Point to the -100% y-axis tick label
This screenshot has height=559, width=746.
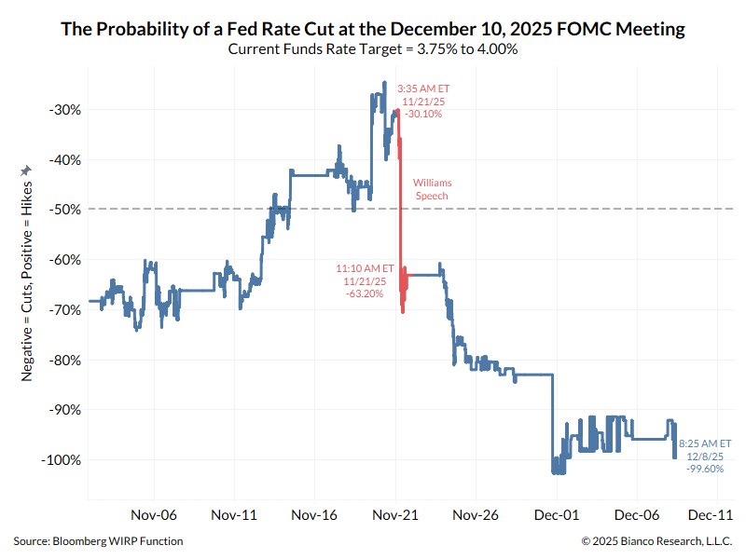61,460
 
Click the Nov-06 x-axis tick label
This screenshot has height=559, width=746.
154,514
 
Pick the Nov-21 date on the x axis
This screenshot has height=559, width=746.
395,514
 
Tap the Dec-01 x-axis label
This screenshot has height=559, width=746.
557,514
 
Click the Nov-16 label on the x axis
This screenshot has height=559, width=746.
315,514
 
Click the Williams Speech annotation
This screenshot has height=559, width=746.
431,190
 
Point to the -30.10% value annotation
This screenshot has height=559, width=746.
423,114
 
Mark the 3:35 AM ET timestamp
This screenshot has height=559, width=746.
423,89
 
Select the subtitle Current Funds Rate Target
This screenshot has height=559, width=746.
373,48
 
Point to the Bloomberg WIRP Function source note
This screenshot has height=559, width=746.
98,541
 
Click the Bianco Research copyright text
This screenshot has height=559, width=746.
656,541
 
